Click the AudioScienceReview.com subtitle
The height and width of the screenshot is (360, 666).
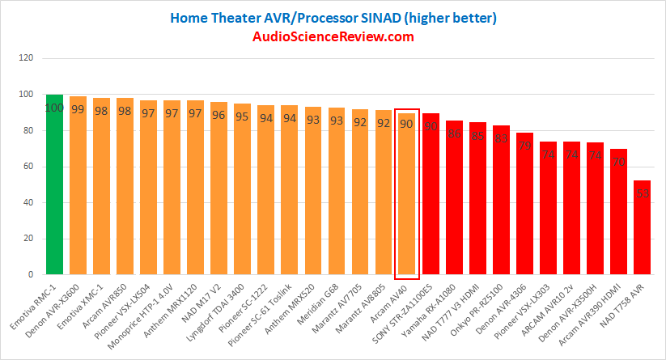(333, 36)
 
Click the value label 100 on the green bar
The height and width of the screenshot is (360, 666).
(54, 108)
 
